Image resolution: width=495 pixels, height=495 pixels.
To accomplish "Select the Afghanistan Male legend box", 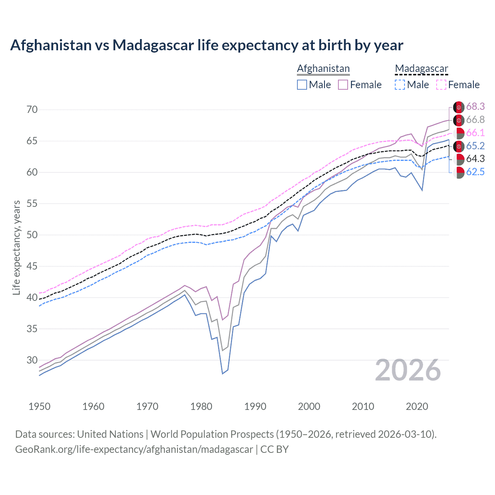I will pyautogui.click(x=302, y=85).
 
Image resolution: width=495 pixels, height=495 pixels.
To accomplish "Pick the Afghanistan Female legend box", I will pyautogui.click(x=343, y=85).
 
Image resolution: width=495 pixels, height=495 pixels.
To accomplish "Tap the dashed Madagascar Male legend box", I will pyautogui.click(x=400, y=85).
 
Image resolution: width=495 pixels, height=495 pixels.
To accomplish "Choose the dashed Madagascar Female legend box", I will pyautogui.click(x=441, y=85).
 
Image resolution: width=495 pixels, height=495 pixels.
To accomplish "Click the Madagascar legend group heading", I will pyautogui.click(x=421, y=69).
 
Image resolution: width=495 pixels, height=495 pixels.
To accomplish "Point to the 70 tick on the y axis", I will pyautogui.click(x=32, y=109).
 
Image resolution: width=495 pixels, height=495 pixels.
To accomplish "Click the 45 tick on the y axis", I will pyautogui.click(x=32, y=266).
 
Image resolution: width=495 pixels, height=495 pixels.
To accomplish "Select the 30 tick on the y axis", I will pyautogui.click(x=32, y=360).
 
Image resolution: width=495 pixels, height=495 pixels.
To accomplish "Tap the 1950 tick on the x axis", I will pyautogui.click(x=39, y=406).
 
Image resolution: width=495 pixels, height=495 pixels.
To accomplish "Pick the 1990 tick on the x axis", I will pyautogui.click(x=255, y=406).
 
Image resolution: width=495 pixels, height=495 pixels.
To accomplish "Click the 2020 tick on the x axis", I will pyautogui.click(x=417, y=406).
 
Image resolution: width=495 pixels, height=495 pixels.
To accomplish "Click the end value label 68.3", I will pyautogui.click(x=475, y=107).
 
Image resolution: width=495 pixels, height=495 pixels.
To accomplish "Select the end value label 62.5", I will pyautogui.click(x=475, y=172).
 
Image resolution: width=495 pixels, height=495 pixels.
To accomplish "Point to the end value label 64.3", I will pyautogui.click(x=475, y=159).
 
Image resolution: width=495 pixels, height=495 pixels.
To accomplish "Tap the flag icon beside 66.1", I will pyautogui.click(x=459, y=133).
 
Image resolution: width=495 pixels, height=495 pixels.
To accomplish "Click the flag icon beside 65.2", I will pyautogui.click(x=459, y=146).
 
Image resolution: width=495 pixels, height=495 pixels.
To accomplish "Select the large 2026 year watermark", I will pyautogui.click(x=408, y=370).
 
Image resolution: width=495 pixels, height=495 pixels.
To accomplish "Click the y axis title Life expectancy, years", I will pyautogui.click(x=16, y=247).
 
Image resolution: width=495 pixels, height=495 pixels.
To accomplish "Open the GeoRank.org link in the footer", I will pyautogui.click(x=134, y=449).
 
